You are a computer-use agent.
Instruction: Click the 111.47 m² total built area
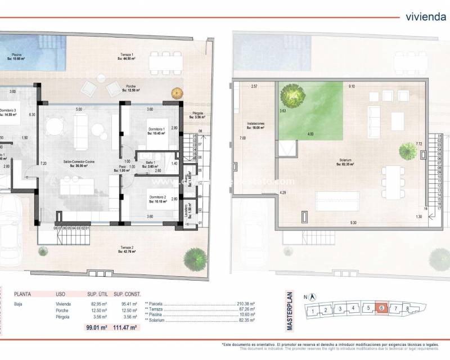[127, 327]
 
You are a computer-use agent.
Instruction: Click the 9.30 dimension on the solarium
[353, 223]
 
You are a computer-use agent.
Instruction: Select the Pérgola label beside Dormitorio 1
[197, 114]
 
